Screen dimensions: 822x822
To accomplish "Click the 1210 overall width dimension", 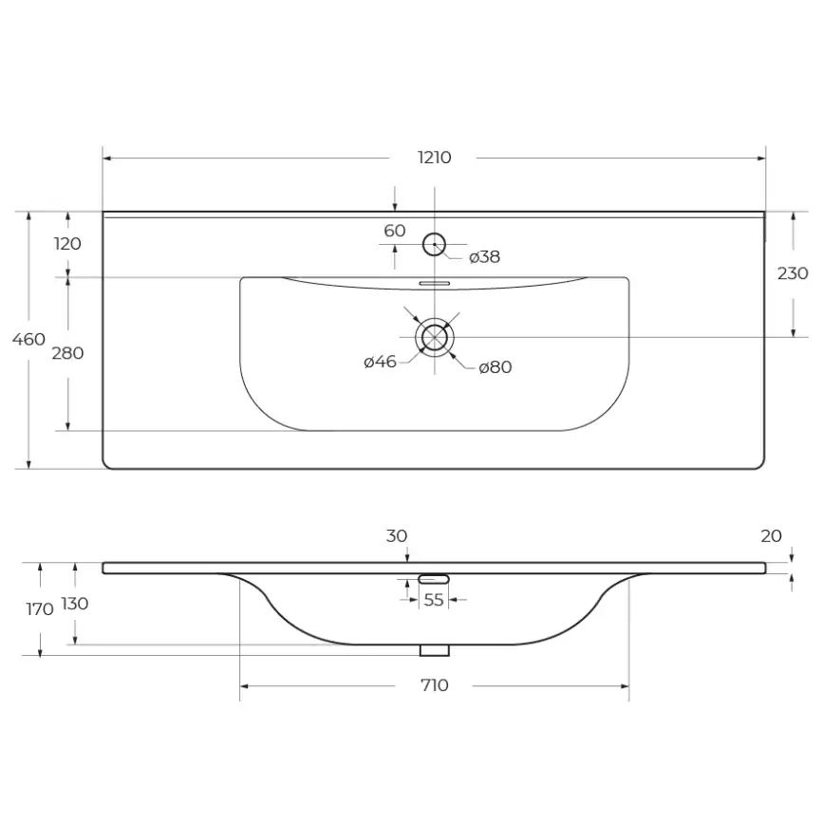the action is pos(434,158).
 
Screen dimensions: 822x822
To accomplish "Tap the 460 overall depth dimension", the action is pos(28,339).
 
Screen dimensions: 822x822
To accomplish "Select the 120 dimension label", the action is pos(67,244).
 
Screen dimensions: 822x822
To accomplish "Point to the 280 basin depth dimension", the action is pos(67,353).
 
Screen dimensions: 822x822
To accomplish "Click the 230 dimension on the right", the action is pos(793,273).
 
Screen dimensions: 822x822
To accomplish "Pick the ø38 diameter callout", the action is pos(484,257).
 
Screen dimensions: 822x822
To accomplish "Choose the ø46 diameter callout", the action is pos(380,362).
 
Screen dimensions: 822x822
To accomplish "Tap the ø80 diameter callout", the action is pos(495,367).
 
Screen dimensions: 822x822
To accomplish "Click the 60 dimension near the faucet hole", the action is pos(395,231).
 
